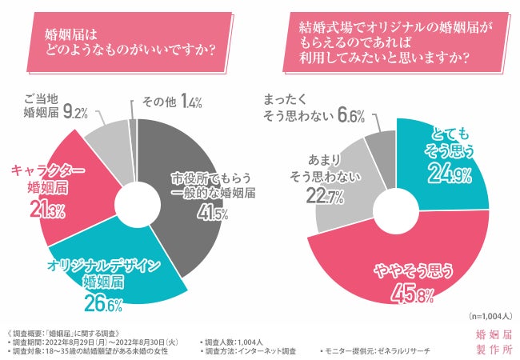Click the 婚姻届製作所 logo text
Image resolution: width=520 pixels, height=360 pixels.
pyautogui.click(x=491, y=342)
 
